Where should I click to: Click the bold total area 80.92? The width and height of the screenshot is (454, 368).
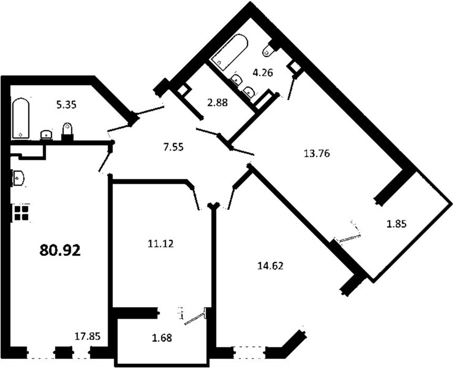pyautogui.click(x=60, y=250)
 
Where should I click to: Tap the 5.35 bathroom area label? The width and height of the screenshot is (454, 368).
pyautogui.click(x=66, y=104)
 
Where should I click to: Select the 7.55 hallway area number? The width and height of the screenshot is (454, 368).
pyautogui.click(x=173, y=147)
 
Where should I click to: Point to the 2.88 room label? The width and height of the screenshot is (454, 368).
pyautogui.click(x=218, y=103)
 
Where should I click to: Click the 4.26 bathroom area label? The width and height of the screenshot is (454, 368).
pyautogui.click(x=263, y=73)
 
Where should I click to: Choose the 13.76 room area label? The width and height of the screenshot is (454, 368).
pyautogui.click(x=317, y=154)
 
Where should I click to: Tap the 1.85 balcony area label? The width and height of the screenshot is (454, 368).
pyautogui.click(x=397, y=224)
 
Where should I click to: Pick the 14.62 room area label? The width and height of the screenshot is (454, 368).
pyautogui.click(x=270, y=265)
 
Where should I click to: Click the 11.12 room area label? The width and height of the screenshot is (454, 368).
pyautogui.click(x=161, y=244)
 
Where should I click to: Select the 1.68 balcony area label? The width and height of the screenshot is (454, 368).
pyautogui.click(x=162, y=338)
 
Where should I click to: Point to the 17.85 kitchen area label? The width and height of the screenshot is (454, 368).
pyautogui.click(x=87, y=336)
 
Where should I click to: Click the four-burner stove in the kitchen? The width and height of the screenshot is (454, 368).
pyautogui.click(x=21, y=213)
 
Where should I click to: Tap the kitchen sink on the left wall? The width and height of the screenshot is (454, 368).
pyautogui.click(x=18, y=177)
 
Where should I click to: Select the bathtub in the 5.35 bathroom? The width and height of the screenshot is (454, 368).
pyautogui.click(x=20, y=119)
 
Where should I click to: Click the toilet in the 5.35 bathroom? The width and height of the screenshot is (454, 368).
pyautogui.click(x=67, y=131)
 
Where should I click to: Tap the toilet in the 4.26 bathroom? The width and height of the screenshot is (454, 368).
pyautogui.click(x=269, y=50)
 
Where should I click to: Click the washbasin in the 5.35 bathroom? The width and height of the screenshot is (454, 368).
pyautogui.click(x=47, y=135)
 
